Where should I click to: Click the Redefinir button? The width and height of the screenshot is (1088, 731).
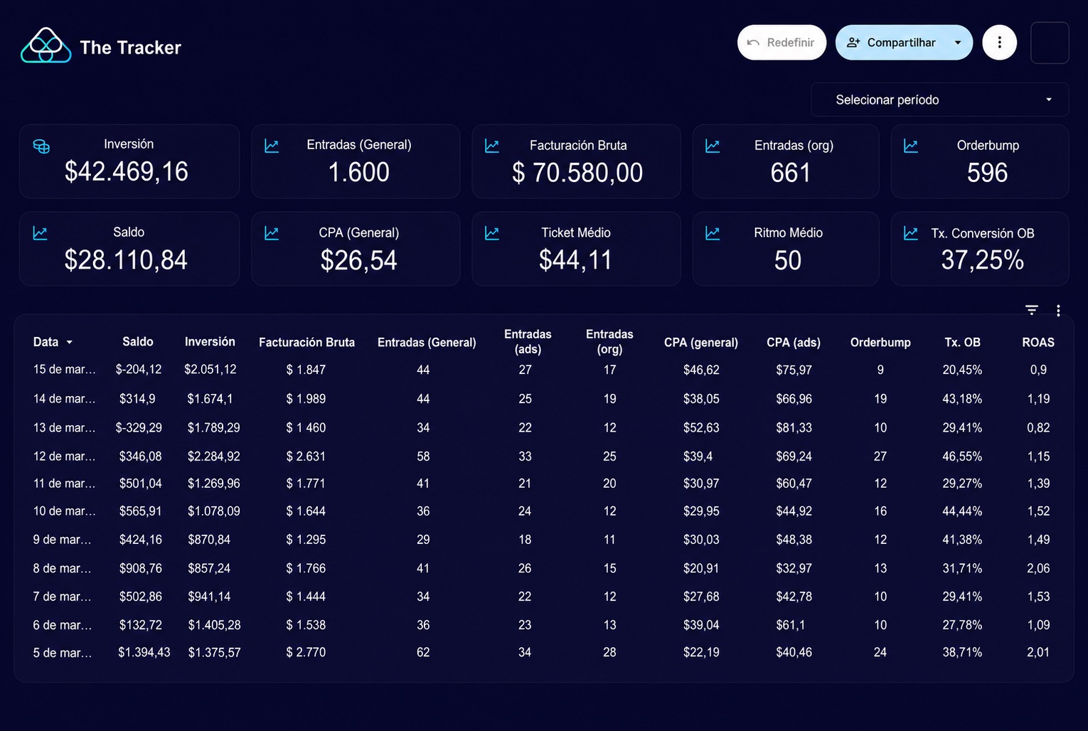(782, 43)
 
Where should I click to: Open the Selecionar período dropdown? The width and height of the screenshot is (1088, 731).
(939, 100)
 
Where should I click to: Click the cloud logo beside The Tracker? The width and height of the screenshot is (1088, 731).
(46, 46)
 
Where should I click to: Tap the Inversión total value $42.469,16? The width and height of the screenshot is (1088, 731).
(127, 171)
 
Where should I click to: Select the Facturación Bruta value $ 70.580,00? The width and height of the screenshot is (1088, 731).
(577, 172)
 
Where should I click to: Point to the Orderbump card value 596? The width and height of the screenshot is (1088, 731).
(987, 172)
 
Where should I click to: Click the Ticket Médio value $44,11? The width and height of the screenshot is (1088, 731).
(575, 260)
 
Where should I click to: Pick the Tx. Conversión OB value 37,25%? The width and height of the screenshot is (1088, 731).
(982, 260)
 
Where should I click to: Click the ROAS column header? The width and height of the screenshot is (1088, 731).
(1038, 343)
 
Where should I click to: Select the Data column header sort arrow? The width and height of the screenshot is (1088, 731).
(70, 343)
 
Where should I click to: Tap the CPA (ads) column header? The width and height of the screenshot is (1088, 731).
(793, 343)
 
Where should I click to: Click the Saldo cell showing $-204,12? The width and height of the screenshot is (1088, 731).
(139, 370)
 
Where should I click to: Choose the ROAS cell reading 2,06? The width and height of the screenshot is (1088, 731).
(1038, 568)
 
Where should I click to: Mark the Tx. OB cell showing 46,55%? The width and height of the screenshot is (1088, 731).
(961, 457)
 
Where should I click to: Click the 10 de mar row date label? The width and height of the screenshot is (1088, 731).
(64, 511)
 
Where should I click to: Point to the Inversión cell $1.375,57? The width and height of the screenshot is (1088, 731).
(214, 652)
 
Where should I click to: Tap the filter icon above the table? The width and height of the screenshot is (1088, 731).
(1032, 310)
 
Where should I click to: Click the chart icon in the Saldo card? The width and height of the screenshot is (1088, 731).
(40, 233)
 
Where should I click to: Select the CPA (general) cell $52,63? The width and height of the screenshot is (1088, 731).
(701, 428)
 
